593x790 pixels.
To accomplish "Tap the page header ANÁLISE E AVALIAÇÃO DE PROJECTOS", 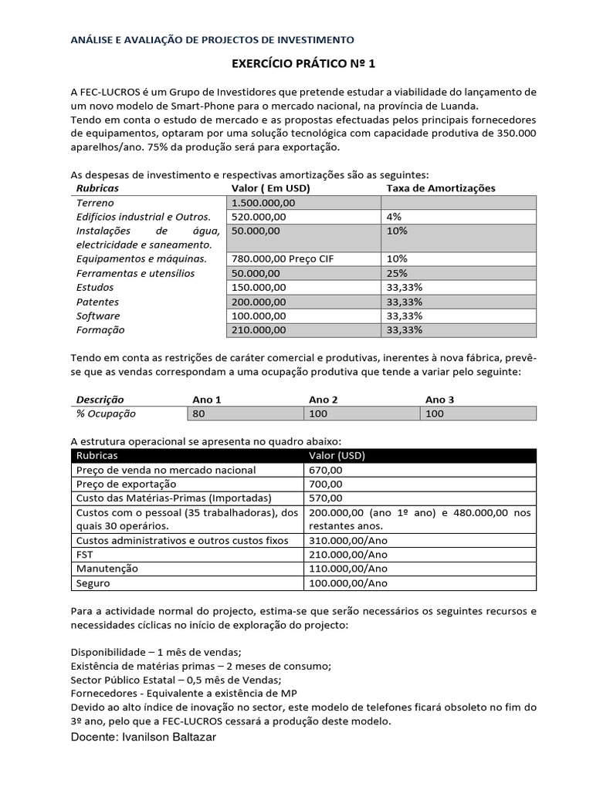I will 212,39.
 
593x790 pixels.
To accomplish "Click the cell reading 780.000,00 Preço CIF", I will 281,259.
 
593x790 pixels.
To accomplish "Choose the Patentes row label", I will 97,302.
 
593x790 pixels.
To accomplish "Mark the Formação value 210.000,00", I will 259,329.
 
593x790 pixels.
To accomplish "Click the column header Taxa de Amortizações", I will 440,188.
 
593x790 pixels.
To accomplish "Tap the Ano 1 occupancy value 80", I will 201,414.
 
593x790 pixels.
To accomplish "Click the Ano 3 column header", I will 439,400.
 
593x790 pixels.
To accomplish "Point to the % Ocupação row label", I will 106,414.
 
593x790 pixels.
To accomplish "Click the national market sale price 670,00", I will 325,469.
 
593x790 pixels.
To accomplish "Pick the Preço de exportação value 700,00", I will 325,484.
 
